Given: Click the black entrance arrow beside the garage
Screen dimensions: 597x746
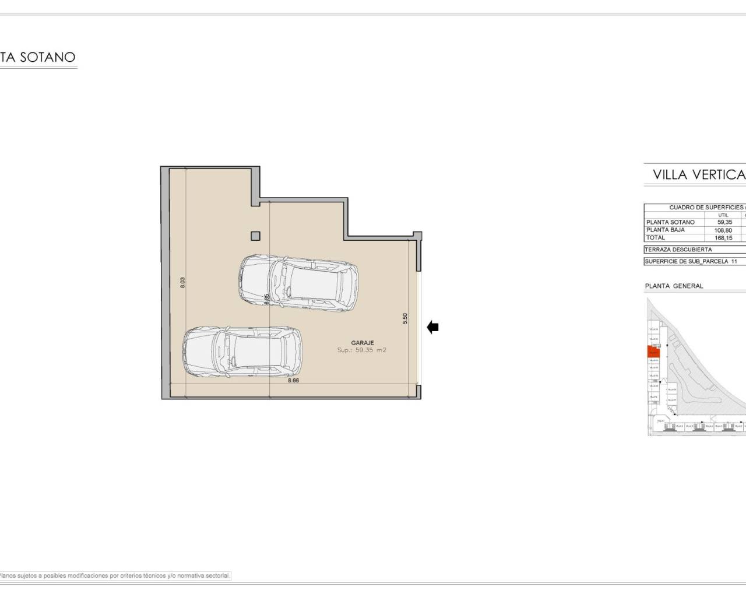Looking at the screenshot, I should click(x=432, y=328).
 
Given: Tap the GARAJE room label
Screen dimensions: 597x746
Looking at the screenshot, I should click(x=363, y=343).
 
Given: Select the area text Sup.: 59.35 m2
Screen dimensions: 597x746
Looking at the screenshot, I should click(x=361, y=350).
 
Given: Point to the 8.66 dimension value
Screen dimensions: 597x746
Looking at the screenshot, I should click(x=293, y=380).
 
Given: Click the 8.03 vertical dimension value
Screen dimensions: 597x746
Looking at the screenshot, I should click(x=182, y=283).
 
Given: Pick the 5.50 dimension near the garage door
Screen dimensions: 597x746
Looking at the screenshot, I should click(x=405, y=318).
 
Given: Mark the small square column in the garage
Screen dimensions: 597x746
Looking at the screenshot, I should click(x=255, y=236).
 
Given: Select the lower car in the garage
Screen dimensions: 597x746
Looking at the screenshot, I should click(x=242, y=350).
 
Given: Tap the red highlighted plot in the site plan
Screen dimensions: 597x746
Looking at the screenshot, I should click(x=653, y=352).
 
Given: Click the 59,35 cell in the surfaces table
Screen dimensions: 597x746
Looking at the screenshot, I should click(x=724, y=222).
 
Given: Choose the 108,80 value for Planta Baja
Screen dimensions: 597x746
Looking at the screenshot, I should click(x=723, y=230).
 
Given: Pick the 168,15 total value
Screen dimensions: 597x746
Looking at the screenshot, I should click(x=723, y=238).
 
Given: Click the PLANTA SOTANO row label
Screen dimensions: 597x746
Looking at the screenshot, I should click(x=670, y=222).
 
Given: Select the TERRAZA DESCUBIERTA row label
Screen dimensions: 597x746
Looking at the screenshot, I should click(x=678, y=250).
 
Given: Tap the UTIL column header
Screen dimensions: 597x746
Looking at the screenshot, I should click(x=723, y=215).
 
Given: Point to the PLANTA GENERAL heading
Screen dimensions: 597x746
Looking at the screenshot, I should click(x=674, y=286).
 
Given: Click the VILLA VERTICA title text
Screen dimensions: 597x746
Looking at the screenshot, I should click(x=699, y=174).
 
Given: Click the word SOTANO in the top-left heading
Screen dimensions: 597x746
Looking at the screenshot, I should click(x=48, y=57).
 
